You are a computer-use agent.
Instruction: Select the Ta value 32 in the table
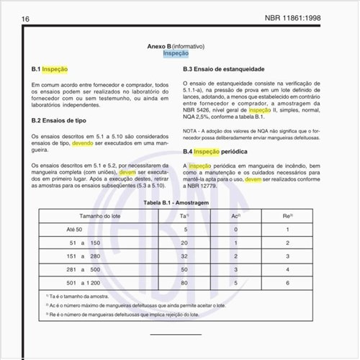pos(185,256)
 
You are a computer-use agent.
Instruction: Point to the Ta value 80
pos(185,282)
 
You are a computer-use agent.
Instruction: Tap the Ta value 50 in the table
pos(185,269)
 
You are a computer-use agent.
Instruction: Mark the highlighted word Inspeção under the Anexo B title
pos(177,53)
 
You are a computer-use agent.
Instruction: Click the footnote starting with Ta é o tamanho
pos(79,296)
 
